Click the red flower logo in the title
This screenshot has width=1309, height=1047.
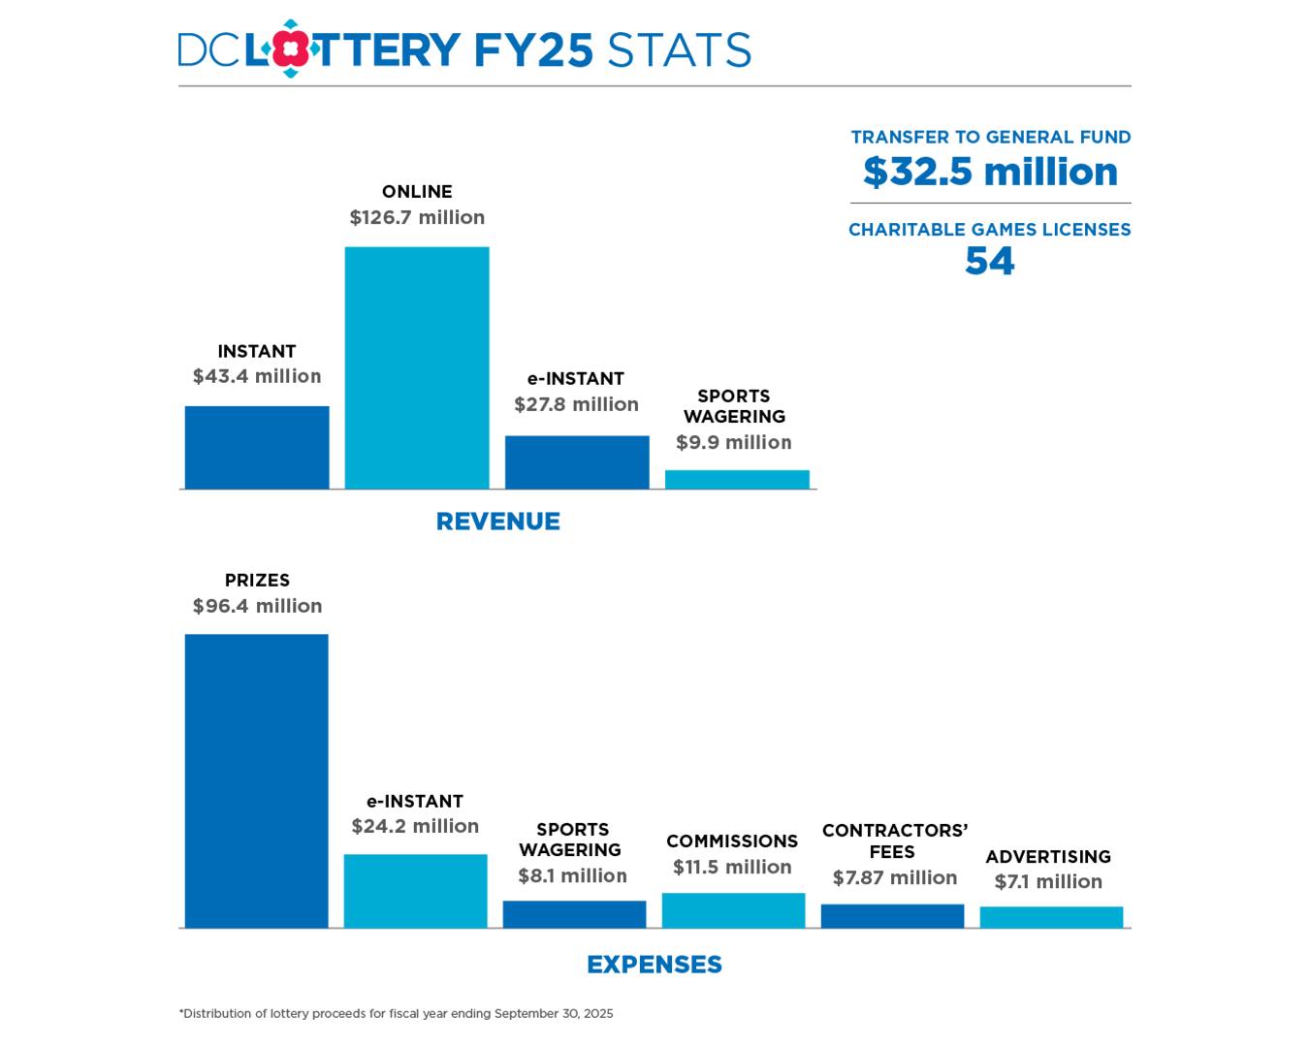290,48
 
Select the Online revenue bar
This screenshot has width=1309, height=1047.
417,367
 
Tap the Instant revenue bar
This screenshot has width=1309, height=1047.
257,447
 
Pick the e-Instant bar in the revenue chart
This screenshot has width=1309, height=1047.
577,462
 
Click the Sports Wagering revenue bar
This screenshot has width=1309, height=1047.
737,479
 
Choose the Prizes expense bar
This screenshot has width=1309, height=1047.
257,780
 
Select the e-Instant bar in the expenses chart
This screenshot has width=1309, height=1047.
415,891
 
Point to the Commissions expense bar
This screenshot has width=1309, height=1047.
733,910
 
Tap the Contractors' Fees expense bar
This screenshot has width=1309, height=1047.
892,916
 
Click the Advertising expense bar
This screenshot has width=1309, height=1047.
1051,917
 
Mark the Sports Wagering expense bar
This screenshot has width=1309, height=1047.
574,914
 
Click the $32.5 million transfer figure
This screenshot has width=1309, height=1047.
990,173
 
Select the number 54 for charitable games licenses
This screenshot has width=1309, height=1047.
989,261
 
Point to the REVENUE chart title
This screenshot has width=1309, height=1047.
497,522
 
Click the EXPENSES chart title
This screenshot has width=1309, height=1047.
654,965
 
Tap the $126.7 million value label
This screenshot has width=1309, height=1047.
417,217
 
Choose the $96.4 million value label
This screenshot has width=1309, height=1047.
257,606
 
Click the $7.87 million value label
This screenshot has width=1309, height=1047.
894,877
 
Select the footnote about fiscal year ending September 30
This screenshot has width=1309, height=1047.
396,1013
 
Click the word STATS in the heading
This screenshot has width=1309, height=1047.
679,50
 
